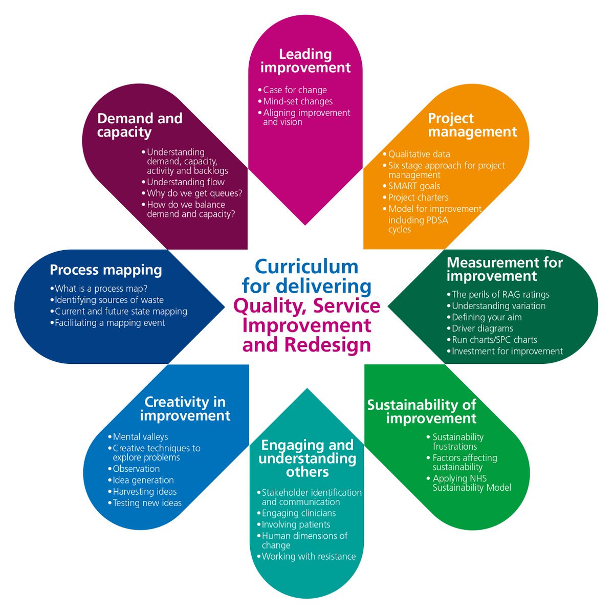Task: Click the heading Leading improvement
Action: tap(305, 61)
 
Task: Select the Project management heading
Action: tap(472, 125)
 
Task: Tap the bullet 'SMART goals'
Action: tap(414, 186)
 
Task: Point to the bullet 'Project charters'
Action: tap(418, 198)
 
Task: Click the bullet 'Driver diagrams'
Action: tap(482, 328)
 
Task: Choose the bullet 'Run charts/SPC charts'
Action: tap(494, 340)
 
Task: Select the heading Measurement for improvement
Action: tap(505, 270)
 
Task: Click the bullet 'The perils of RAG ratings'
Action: tap(500, 295)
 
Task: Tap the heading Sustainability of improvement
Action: tap(422, 412)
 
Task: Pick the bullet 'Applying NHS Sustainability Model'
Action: tap(471, 483)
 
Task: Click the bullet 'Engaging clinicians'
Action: tap(299, 513)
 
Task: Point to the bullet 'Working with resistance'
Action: tap(309, 557)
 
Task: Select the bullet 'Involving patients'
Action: tap(296, 524)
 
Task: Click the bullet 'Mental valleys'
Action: tap(140, 437)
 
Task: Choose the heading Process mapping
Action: tap(106, 270)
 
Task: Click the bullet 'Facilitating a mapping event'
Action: tap(109, 323)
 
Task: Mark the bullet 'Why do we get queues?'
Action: tap(194, 193)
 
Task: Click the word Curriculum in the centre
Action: tap(306, 267)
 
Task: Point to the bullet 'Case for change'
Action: tap(295, 90)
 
